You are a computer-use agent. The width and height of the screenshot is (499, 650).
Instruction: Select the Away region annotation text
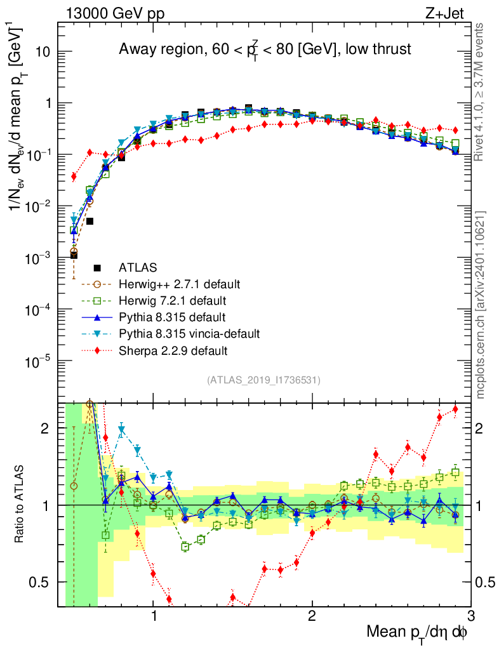(x=265, y=50)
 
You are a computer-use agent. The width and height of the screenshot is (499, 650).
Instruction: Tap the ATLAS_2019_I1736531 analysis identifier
(x=263, y=380)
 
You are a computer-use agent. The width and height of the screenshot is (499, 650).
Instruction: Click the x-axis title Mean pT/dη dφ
(x=417, y=632)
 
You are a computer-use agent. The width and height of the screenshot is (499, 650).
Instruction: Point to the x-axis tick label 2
(x=312, y=616)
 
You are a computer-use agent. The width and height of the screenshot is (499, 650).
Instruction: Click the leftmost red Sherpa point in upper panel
(x=74, y=176)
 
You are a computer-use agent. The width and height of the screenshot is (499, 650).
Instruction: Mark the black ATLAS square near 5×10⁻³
(x=90, y=221)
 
